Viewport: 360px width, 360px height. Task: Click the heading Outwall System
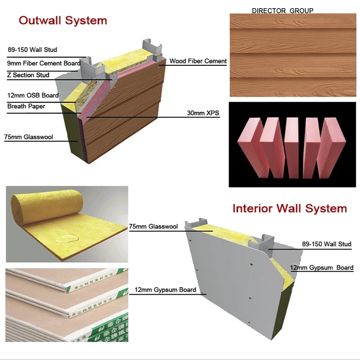coord(62,20)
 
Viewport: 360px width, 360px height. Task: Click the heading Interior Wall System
coord(289,208)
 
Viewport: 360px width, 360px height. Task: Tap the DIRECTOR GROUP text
coord(282,11)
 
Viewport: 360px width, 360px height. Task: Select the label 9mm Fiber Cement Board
coord(44,63)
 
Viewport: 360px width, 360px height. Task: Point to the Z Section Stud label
coord(28,75)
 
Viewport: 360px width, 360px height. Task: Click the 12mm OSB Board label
coord(33,96)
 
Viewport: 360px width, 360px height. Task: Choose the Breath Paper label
coord(26,106)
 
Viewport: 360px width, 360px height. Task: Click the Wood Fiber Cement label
coord(198,61)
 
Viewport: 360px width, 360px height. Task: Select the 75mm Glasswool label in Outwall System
coord(28,137)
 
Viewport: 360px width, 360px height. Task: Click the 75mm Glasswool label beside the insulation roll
coord(153,226)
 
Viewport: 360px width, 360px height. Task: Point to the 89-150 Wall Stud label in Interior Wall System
coord(326,244)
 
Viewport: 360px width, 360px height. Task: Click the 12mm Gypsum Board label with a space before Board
coord(322,268)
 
